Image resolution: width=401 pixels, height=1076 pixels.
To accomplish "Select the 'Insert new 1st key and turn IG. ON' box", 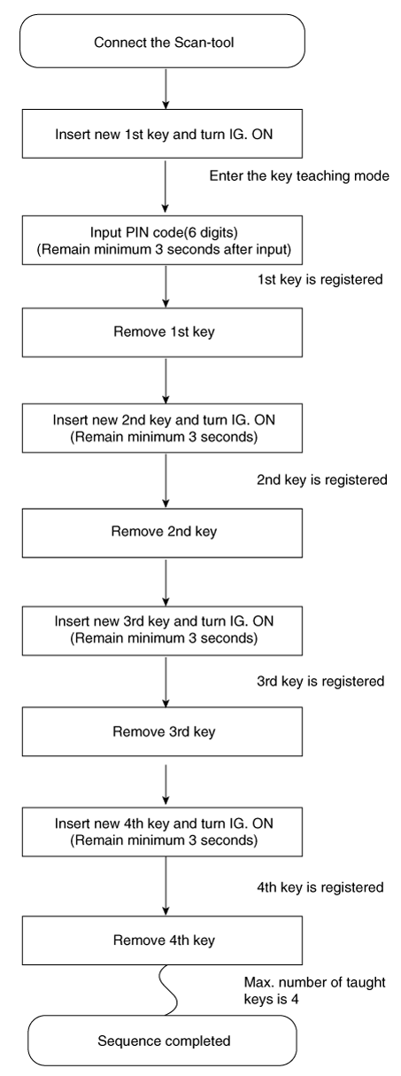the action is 162,134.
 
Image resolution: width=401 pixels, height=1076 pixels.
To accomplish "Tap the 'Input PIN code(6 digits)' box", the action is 162,240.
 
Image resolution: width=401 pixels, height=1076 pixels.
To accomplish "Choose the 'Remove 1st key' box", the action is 162,332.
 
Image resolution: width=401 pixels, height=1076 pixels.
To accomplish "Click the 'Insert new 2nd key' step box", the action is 162,428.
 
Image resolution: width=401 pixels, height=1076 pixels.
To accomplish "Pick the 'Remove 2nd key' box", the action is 162,533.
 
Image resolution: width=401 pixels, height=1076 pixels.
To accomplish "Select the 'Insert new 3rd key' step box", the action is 162,631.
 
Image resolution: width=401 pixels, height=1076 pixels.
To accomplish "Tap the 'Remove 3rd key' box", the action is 162,731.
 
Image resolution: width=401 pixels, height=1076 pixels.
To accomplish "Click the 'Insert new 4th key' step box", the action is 162,831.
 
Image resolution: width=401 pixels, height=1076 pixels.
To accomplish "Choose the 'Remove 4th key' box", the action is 162,940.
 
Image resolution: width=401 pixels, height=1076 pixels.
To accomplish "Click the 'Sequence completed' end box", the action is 162,1041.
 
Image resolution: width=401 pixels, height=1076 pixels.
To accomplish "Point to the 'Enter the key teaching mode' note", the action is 299,176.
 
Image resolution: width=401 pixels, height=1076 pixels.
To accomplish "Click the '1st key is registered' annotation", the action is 320,279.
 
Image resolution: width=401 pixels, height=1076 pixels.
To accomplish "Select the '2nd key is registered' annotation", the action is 322,480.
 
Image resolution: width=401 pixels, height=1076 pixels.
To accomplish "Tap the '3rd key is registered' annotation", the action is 320,682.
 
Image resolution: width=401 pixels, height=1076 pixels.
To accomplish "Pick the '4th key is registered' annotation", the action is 320,886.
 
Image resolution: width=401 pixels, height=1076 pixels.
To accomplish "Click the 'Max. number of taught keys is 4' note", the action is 314,991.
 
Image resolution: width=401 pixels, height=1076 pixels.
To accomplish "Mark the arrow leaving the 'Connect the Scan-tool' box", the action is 166,89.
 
